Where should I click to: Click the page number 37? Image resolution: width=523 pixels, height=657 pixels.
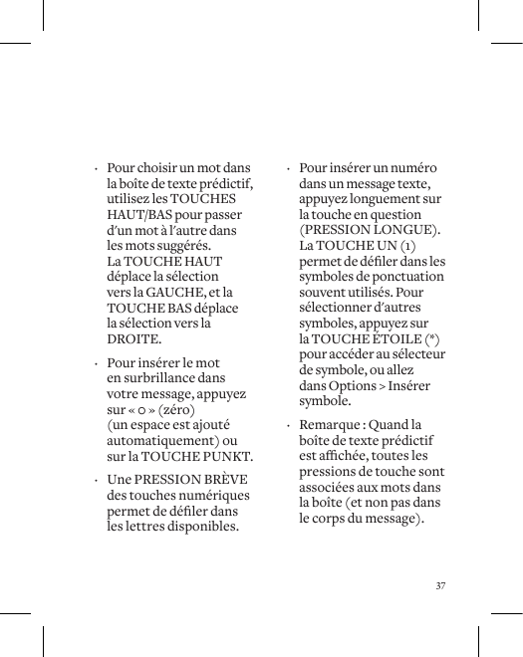(440, 585)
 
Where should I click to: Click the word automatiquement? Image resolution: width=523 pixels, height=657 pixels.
(163, 441)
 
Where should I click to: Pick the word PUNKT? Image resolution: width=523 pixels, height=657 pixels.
(230, 457)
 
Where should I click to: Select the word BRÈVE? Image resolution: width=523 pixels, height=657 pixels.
(229, 480)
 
